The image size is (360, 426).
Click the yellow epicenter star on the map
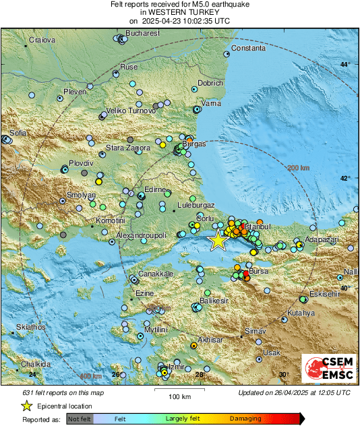coord(218,241)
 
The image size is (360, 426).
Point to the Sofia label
coord(18,133)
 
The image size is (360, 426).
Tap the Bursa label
coord(259,270)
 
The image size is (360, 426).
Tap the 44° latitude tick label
coord(344,64)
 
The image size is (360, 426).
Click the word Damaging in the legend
coord(246,419)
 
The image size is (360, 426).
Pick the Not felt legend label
coord(80,419)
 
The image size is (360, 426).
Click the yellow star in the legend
coord(26,406)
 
